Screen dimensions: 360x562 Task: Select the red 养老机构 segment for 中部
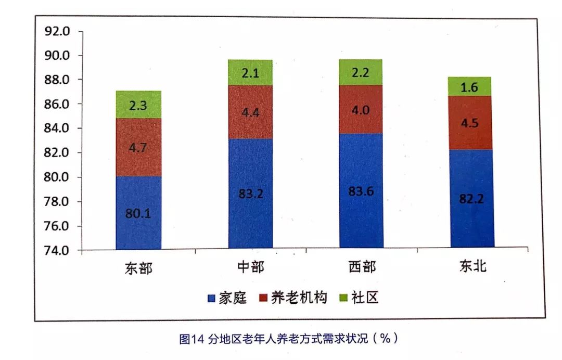(250, 112)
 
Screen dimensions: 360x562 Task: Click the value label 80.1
(138, 213)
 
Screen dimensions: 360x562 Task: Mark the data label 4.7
(138, 147)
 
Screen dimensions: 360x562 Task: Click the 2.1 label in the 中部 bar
(250, 74)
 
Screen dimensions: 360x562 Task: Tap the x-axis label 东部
(138, 268)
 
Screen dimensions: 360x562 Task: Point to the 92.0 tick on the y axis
(57, 31)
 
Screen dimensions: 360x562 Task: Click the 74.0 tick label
(57, 251)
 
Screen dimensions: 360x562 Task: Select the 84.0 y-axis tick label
(57, 128)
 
